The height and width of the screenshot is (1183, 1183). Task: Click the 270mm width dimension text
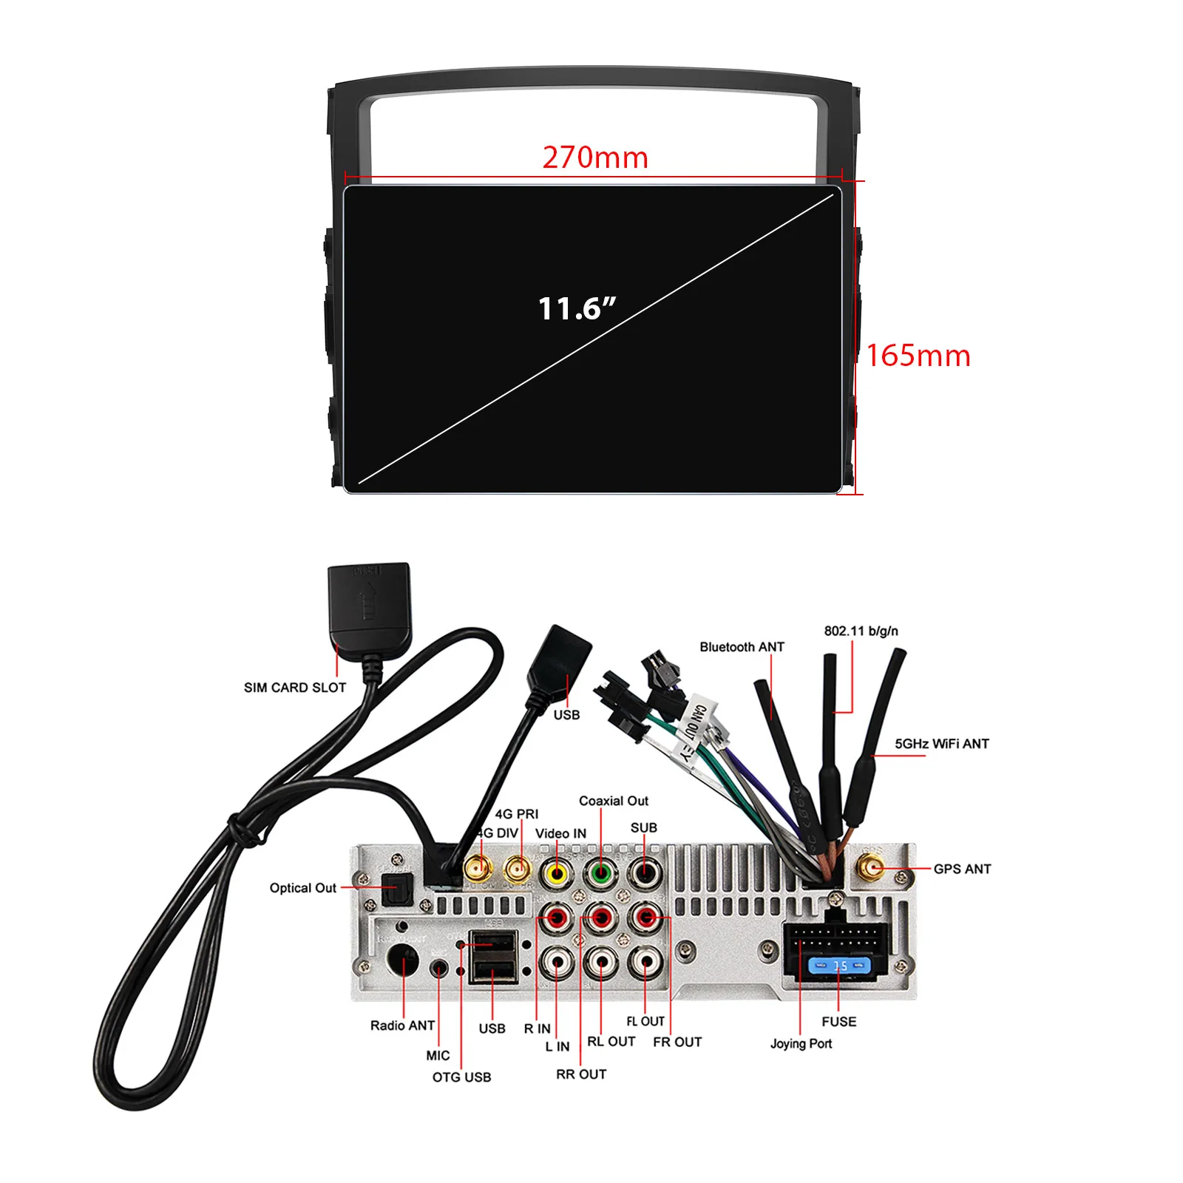pyautogui.click(x=595, y=157)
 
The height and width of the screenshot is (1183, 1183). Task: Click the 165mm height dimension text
pyautogui.click(x=918, y=356)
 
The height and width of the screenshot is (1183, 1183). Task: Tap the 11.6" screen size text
pyautogui.click(x=577, y=308)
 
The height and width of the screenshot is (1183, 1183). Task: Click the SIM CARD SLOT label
pyautogui.click(x=295, y=688)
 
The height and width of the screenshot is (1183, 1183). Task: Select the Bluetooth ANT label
pyautogui.click(x=742, y=647)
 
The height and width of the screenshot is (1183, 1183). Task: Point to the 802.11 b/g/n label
pyautogui.click(x=861, y=631)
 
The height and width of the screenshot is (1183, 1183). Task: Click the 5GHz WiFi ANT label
pyautogui.click(x=941, y=744)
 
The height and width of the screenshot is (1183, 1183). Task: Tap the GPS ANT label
pyautogui.click(x=962, y=869)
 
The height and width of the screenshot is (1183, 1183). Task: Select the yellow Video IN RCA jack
pyautogui.click(x=556, y=874)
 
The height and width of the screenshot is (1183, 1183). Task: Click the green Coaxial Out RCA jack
pyautogui.click(x=600, y=874)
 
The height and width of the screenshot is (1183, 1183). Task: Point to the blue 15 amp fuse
pyautogui.click(x=840, y=966)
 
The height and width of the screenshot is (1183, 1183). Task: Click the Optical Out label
pyautogui.click(x=302, y=888)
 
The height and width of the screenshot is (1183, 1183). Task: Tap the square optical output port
pyautogui.click(x=396, y=889)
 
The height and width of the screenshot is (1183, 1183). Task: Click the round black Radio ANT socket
pyautogui.click(x=403, y=961)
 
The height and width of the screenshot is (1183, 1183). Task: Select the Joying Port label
pyautogui.click(x=801, y=1043)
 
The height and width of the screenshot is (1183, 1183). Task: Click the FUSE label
pyautogui.click(x=838, y=1022)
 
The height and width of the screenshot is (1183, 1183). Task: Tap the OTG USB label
pyautogui.click(x=461, y=1077)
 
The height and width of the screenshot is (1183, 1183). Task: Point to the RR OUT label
pyautogui.click(x=581, y=1074)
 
